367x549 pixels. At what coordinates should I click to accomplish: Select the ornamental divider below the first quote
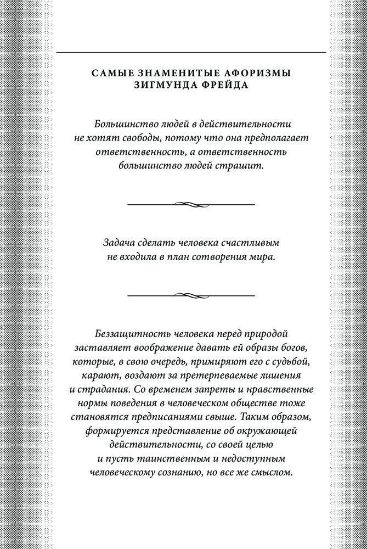191,204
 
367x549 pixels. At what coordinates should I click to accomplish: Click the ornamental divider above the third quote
191,294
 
